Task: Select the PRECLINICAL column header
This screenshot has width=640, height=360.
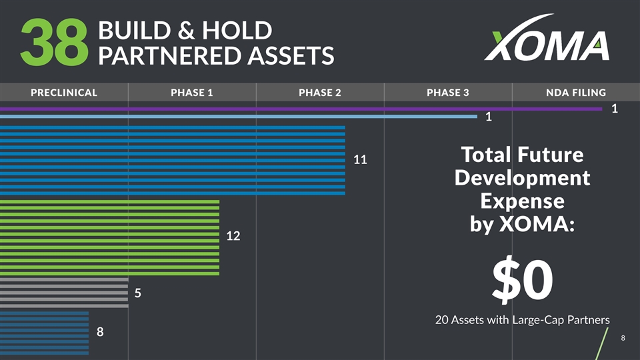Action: click(64, 93)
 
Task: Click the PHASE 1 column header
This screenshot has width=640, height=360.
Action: click(192, 93)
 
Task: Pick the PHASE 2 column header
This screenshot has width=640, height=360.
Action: click(320, 93)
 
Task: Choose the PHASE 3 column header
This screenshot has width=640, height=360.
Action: click(448, 93)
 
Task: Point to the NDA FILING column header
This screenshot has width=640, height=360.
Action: click(575, 93)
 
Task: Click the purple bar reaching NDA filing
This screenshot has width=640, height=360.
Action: click(300, 108)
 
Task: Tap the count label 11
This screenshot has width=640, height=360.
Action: click(361, 160)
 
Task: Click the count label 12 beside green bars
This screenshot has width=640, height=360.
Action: click(233, 236)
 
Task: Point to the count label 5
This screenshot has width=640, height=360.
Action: click(138, 293)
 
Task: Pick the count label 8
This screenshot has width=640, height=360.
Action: click(101, 331)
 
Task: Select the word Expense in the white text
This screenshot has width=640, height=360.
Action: click(522, 201)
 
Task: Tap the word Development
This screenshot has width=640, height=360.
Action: click(522, 178)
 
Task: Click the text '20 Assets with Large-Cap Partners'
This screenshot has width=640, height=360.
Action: click(522, 320)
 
